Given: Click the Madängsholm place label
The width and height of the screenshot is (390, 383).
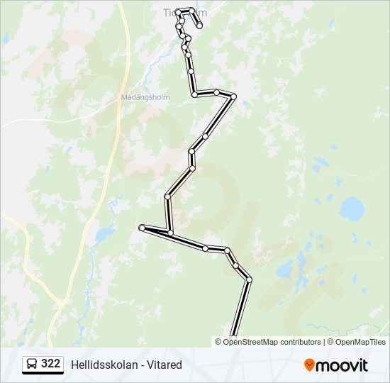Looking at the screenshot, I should point(145,98).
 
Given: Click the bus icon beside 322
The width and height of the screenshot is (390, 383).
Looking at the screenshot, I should point(32,364).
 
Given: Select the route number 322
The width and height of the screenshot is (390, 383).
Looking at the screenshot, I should point(51,364).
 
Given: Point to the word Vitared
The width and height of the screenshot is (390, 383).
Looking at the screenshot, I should point(166,365).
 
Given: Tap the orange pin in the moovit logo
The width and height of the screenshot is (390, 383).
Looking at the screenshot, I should point(309,365).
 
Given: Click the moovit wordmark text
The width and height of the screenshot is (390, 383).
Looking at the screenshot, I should point(342,365).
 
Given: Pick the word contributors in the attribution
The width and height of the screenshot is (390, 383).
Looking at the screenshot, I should point(301,342).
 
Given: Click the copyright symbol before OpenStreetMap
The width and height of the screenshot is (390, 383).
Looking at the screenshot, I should point(218,342).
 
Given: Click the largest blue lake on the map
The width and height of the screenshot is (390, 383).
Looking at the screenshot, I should point(351,209).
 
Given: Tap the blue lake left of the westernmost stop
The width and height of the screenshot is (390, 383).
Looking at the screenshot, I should point(104,233).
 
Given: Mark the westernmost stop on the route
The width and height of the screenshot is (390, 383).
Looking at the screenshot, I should point(143,228).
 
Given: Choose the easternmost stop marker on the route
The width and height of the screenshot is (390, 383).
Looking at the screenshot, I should point(249,279).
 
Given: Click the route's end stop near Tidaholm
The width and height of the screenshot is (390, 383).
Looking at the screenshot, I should point(200,26).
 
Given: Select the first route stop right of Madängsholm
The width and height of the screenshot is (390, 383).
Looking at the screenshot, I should point(194,94).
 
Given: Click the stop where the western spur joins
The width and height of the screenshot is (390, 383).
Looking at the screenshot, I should point(171,233).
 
